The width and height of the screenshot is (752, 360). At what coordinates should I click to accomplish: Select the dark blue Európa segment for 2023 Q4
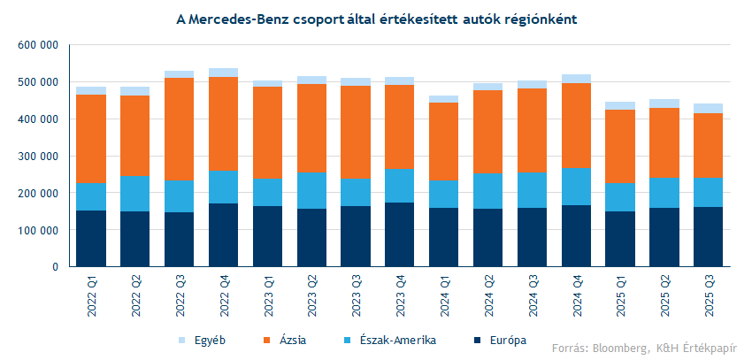pyautogui.click(x=400, y=234)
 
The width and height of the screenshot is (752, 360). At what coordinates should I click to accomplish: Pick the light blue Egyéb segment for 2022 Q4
pyautogui.click(x=223, y=73)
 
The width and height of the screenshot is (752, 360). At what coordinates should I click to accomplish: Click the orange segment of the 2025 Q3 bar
pyautogui.click(x=709, y=146)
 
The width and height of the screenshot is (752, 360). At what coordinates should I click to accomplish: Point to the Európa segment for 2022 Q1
pyautogui.click(x=90, y=239)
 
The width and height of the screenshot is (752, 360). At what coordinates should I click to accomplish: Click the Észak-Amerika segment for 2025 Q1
pyautogui.click(x=620, y=197)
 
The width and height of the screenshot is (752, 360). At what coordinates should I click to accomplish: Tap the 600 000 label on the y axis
pyautogui.click(x=38, y=45)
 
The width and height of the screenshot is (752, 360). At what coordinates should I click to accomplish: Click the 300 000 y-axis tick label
pyautogui.click(x=38, y=157)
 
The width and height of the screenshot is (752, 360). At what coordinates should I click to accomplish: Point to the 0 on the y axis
pyautogui.click(x=55, y=267)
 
